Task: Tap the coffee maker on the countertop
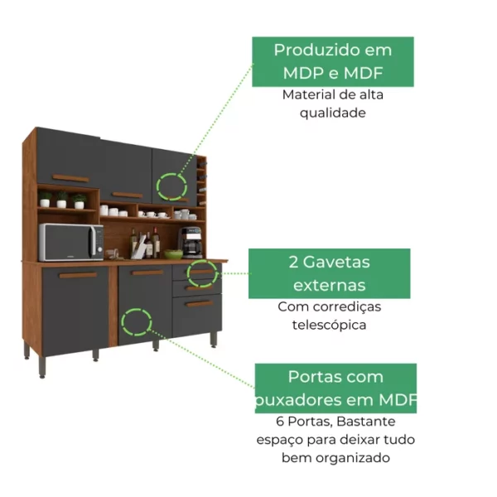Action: pyautogui.click(x=191, y=242)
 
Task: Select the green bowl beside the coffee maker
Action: pyautogui.click(x=173, y=253)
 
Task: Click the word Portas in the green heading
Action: pyautogui.click(x=317, y=378)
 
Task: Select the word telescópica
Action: pyautogui.click(x=329, y=325)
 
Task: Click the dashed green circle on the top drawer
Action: pyautogui.click(x=204, y=272)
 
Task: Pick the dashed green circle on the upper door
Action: pyautogui.click(x=172, y=185)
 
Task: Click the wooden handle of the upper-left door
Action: pyautogui.click(x=70, y=178)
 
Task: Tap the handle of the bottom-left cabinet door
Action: pyautogui.click(x=78, y=275)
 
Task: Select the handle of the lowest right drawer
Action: pyautogui.click(x=199, y=303)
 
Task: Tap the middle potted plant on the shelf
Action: pyautogui.click(x=61, y=200)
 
